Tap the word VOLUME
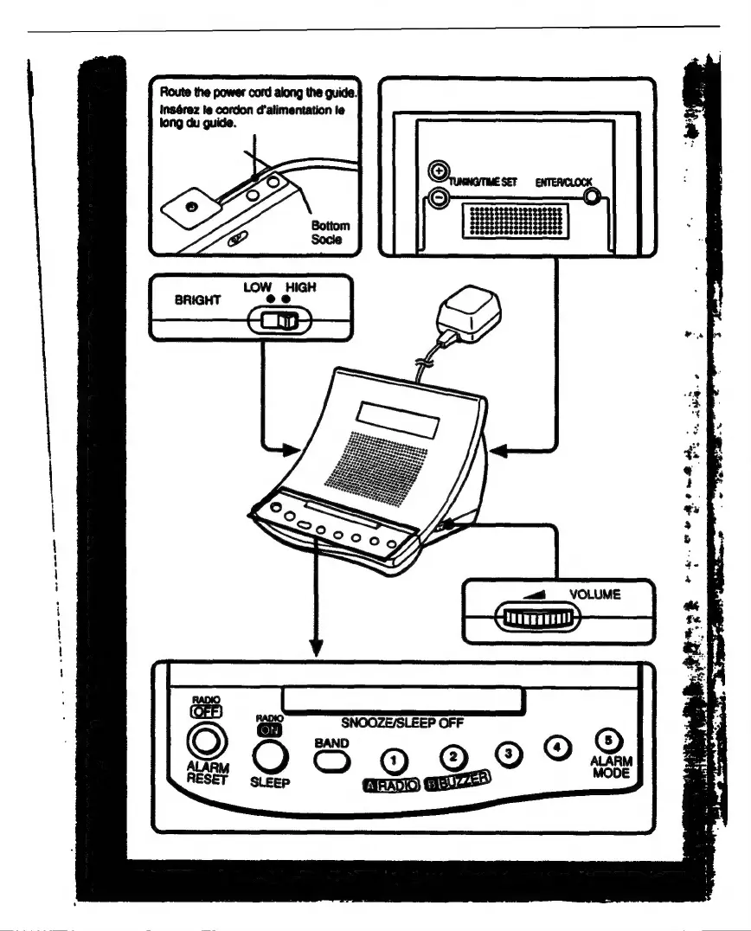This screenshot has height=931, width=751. (x=596, y=594)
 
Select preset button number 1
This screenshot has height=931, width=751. (x=395, y=761)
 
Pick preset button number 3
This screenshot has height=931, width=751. (x=510, y=753)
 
